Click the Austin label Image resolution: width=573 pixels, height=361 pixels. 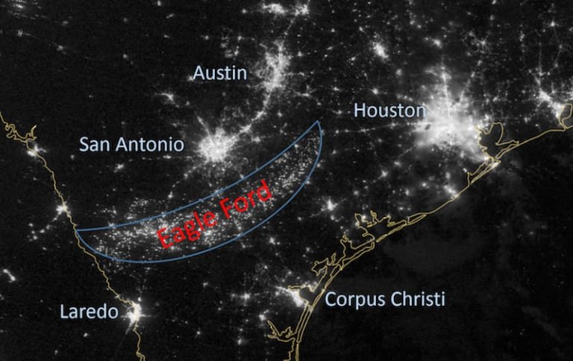click(219, 72)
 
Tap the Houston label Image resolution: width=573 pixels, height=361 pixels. click(389, 111)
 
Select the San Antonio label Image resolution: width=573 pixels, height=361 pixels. click(131, 144)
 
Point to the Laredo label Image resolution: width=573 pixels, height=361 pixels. click(88, 311)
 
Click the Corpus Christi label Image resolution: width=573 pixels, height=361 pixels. click(385, 300)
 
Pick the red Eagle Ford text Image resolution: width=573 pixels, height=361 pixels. click(214, 216)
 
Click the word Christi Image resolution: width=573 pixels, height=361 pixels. click(421, 300)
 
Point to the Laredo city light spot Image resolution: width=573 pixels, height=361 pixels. click(134, 313)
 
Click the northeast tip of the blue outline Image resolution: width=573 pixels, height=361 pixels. click(319, 122)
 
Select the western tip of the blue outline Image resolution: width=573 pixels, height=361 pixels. click(77, 231)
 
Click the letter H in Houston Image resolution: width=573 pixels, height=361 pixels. click(359, 111)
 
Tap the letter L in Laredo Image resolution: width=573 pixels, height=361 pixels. click(63, 311)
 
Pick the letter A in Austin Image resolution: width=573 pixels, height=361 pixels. click(198, 72)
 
